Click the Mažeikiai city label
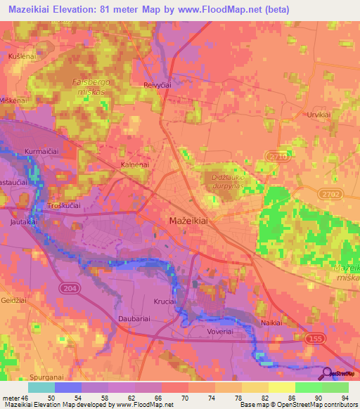click(x=189, y=221)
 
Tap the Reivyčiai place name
click(x=158, y=84)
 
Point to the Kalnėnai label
click(x=135, y=164)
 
